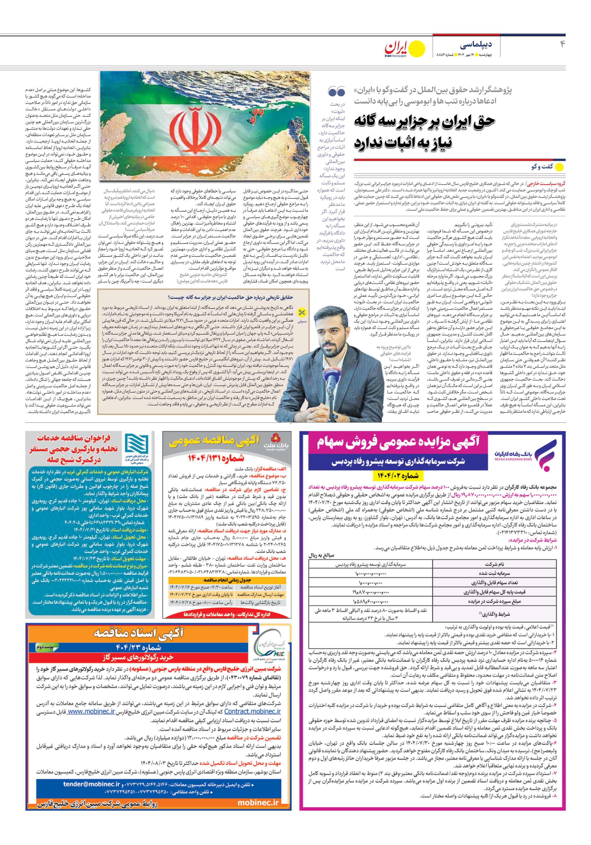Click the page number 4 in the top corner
[x=562, y=44]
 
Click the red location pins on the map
[x=256, y=114]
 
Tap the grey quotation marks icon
[x=336, y=91]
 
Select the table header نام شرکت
[x=494, y=564]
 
